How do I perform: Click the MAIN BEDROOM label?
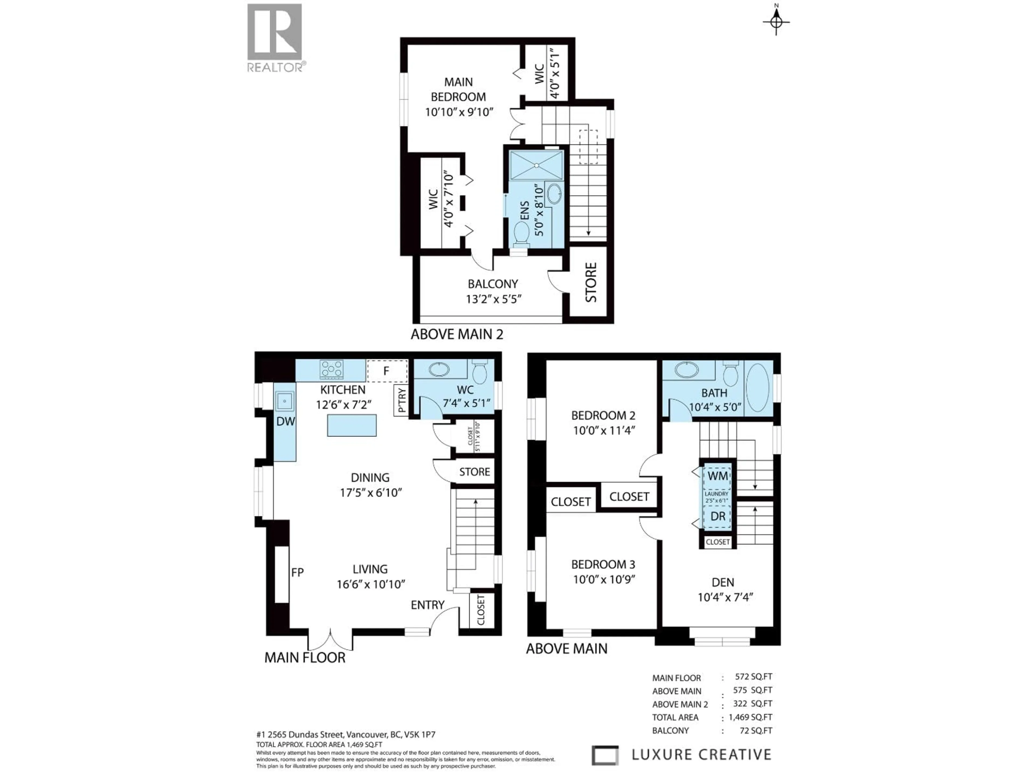(x=458, y=89)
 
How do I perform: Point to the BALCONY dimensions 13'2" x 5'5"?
(x=494, y=299)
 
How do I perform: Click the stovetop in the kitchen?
(x=331, y=369)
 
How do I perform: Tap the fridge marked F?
(x=387, y=371)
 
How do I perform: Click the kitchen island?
(x=351, y=425)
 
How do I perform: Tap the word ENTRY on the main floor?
(x=427, y=605)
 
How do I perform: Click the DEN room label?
(x=722, y=582)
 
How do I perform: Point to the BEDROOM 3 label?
(x=603, y=564)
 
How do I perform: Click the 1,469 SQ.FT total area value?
(x=751, y=717)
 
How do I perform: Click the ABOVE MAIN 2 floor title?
(x=457, y=334)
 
